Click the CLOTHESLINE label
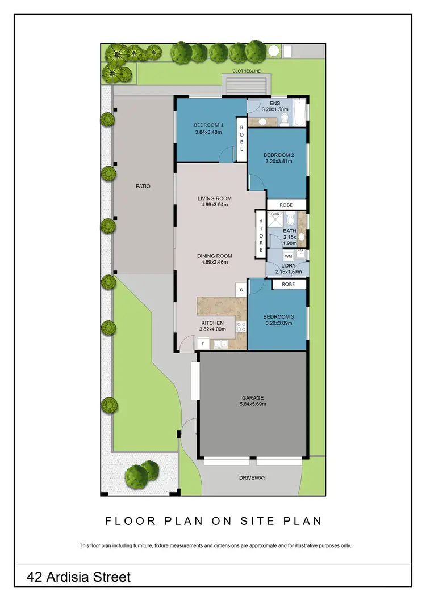(x=246, y=72)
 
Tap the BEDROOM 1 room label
(x=208, y=125)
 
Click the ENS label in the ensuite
(x=275, y=103)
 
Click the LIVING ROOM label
(x=214, y=198)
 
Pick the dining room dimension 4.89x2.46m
(x=214, y=263)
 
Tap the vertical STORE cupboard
(x=261, y=232)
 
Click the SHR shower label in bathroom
(x=275, y=214)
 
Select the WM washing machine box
(x=289, y=256)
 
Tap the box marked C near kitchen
(x=241, y=290)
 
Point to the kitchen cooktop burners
(x=241, y=326)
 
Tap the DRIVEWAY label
(x=252, y=477)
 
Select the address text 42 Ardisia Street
(x=79, y=577)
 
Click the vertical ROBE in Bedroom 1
(x=241, y=138)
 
